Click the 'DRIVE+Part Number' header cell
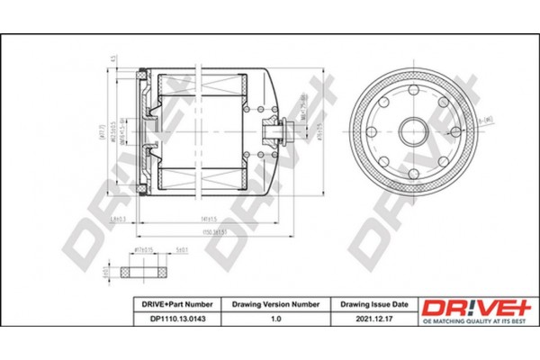(x=175, y=304)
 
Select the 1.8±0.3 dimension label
(x=117, y=220)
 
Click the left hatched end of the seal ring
(x=133, y=270)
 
